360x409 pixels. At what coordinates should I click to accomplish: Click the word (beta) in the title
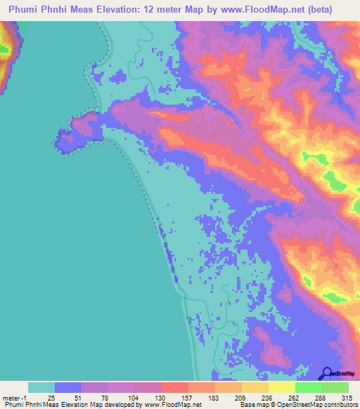(316, 9)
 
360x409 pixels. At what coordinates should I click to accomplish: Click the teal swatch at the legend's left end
(41, 387)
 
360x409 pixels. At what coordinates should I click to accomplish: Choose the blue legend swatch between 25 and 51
(68, 387)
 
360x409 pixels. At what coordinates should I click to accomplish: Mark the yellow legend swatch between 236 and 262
(281, 387)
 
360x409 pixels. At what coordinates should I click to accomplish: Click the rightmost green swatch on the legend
(335, 387)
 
